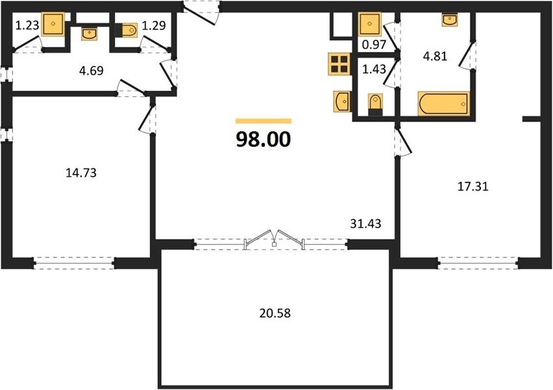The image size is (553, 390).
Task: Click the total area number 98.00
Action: point(263,139)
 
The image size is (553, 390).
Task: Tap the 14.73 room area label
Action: point(81,173)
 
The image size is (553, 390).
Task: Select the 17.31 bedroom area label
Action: point(473,186)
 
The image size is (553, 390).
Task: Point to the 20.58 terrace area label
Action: point(275,313)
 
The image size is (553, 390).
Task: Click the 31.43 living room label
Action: point(365,223)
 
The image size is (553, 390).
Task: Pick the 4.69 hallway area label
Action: point(91,71)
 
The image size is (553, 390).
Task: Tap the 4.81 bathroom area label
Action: point(436,56)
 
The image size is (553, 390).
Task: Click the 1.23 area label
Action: point(27,25)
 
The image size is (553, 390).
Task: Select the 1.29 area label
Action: point(154,25)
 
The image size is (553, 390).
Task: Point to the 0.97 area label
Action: point(375,44)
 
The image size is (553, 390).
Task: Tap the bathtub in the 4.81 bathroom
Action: point(443,103)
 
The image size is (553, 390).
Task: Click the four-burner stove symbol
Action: point(339,64)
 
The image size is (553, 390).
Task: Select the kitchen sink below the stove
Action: point(342,101)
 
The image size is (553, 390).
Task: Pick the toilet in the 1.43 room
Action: point(375,104)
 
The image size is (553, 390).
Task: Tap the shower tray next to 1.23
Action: point(53,24)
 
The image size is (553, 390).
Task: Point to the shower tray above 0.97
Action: point(369,24)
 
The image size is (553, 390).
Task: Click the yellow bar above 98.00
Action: point(264,121)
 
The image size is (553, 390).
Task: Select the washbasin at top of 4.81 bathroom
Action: point(449,19)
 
